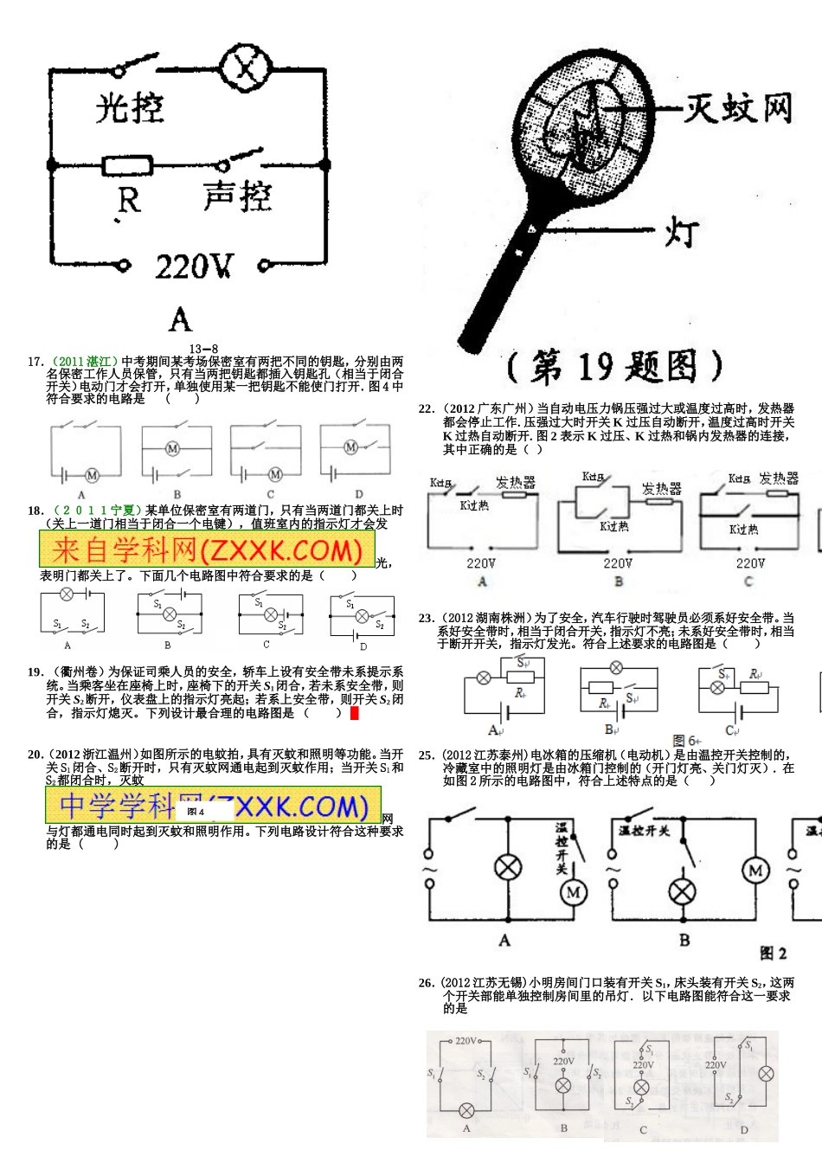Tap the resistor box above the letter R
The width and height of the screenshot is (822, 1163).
pos(128,164)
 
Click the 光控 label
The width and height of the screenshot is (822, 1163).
pos(130,109)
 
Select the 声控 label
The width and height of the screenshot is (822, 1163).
pos(237,197)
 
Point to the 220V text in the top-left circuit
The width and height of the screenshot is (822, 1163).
pos(194,267)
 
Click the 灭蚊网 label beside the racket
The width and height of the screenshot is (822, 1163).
pos(738,109)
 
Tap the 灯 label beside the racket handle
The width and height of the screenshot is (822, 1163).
pos(682,232)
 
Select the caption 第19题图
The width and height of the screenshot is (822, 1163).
pos(614,367)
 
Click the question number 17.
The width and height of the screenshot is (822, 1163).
pos(35,362)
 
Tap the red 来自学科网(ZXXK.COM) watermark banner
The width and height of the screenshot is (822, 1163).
pos(207,549)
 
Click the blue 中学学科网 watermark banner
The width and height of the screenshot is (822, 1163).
pos(213,806)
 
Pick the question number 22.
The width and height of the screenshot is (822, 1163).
pos(426,408)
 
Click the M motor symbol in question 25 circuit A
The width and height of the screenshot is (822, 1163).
pos(574,892)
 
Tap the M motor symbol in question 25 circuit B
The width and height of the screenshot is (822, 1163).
pos(755,870)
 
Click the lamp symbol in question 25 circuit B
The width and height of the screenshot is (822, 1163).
pos(683,891)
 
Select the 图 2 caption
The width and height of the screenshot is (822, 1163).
pos(773,953)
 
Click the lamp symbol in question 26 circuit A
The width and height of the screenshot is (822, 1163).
pos(466,1111)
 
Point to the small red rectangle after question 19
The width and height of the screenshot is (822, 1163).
pos(354,713)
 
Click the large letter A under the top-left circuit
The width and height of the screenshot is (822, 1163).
pos(180,320)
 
